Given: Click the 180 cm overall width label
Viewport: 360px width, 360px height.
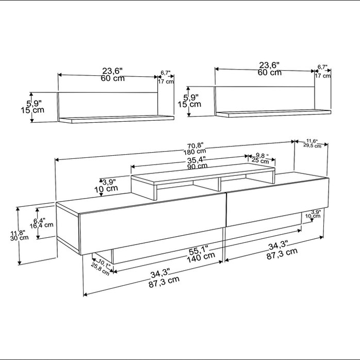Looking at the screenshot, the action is [x=194, y=152].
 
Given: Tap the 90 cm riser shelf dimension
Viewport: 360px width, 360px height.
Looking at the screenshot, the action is [x=197, y=166].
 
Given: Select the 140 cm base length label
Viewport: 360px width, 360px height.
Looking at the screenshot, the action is [x=201, y=257].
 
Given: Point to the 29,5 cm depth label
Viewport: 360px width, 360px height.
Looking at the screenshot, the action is [x=312, y=145].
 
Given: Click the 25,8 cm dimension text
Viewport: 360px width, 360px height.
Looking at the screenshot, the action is [x=100, y=269].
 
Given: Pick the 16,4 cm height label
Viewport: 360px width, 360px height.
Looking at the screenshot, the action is [x=41, y=225].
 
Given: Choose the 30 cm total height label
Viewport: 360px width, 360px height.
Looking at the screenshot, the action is [x=19, y=238].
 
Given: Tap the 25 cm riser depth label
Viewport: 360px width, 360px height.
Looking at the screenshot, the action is [x=260, y=160].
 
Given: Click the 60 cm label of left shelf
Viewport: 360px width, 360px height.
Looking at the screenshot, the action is [x=113, y=78].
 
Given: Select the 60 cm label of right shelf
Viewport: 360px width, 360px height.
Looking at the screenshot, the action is [x=270, y=73].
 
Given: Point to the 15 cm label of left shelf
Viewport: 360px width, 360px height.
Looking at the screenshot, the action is [x=32, y=110].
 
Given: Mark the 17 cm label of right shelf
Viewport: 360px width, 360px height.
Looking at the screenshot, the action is [x=322, y=75].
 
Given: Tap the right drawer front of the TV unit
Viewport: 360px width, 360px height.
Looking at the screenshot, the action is [x=277, y=202].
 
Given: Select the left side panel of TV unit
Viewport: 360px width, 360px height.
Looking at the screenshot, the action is [x=68, y=227].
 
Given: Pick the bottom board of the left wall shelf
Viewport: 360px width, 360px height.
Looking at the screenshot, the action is [x=116, y=119].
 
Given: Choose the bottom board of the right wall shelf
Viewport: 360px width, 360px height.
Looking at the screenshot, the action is [x=273, y=113].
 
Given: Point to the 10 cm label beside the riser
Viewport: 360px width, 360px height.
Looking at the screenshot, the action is [x=106, y=189].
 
